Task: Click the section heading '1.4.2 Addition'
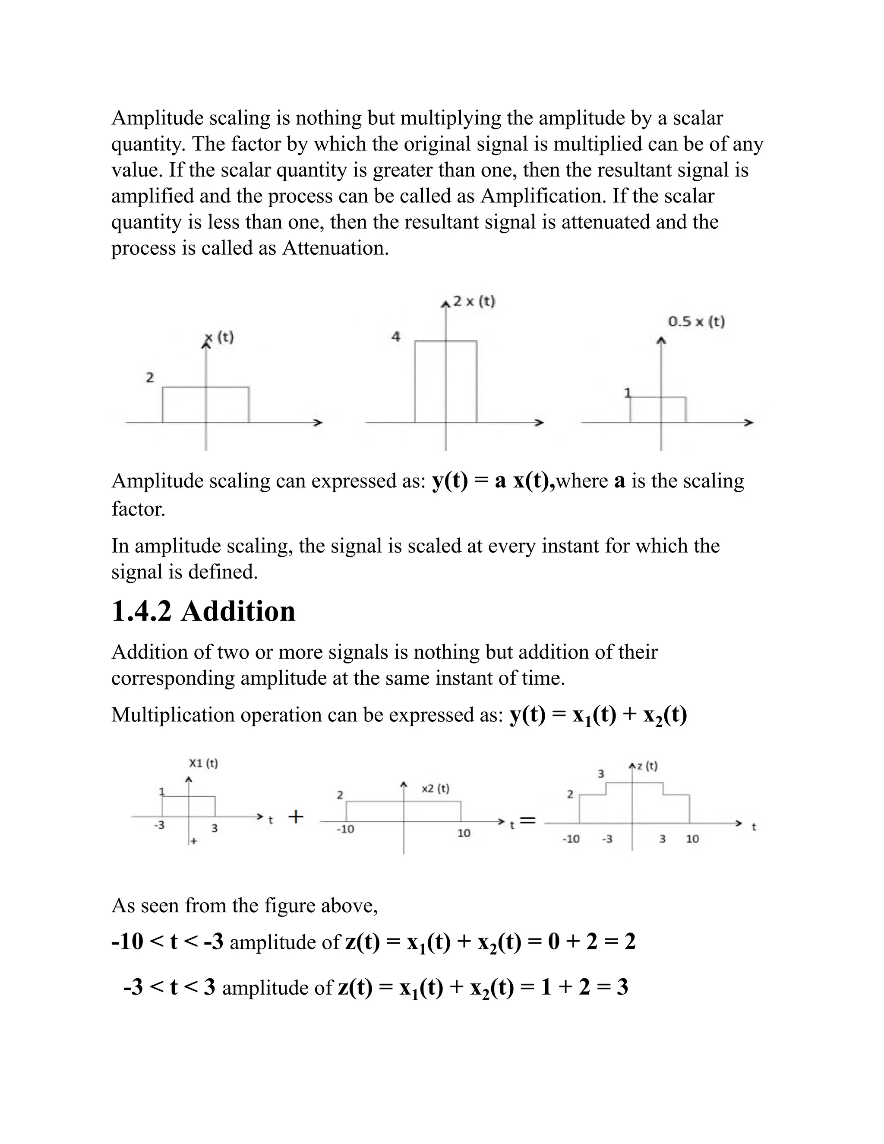click(203, 612)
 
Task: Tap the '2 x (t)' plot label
click(474, 302)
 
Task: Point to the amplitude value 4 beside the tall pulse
click(396, 337)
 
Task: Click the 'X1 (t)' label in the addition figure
click(203, 763)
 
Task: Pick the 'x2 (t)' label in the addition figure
click(435, 789)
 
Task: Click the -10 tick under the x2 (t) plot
click(345, 829)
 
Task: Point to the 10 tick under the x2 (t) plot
click(464, 833)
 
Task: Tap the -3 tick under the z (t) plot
click(607, 839)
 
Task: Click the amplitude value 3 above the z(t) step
click(601, 774)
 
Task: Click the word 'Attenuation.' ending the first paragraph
click(335, 248)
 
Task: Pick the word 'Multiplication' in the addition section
click(173, 715)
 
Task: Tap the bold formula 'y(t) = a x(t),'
click(493, 481)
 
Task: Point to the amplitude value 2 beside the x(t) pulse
click(150, 377)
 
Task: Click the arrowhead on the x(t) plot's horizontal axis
click(317, 423)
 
